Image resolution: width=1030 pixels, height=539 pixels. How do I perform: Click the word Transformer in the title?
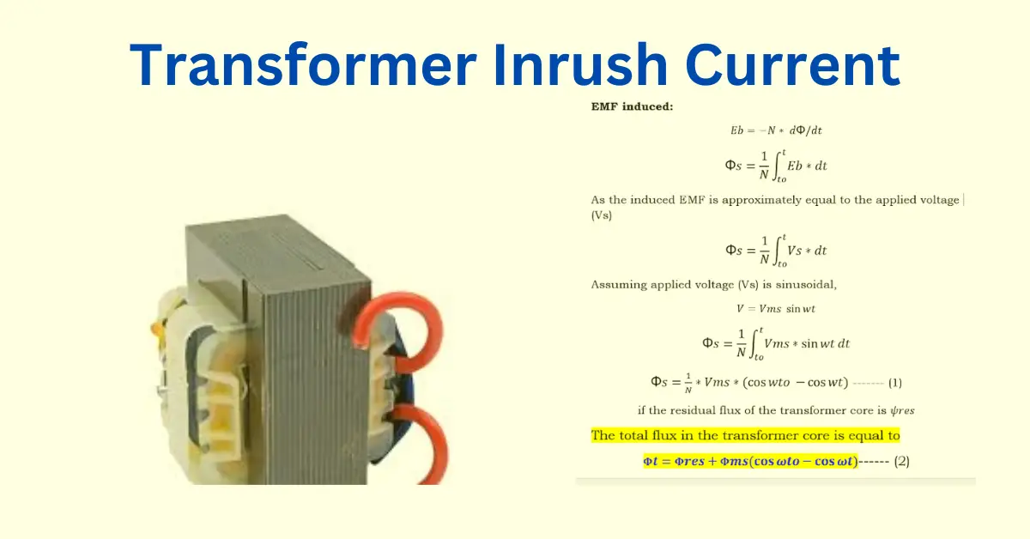point(304,64)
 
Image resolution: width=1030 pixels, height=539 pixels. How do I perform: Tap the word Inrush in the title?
point(581,64)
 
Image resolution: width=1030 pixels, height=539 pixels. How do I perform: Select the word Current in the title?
point(792,64)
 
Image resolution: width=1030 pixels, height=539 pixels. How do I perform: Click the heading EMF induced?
point(632,106)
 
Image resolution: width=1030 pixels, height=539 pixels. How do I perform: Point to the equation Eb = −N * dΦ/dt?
point(776,130)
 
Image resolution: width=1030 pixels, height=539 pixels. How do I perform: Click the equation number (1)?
point(894,383)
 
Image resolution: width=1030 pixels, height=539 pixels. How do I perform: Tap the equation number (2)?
point(902,461)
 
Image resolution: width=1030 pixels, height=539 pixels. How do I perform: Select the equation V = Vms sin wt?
point(776,309)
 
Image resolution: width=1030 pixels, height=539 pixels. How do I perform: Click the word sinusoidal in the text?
point(806,285)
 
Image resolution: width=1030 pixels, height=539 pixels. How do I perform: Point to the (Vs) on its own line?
point(602,215)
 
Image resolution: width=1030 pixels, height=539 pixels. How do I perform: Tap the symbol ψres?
point(902,410)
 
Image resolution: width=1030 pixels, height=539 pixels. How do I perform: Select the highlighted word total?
point(633,435)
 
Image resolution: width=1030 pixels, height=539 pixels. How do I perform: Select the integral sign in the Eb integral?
point(778,166)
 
